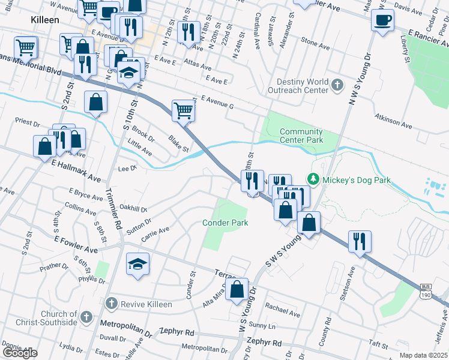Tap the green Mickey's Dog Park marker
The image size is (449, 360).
tap(312, 179)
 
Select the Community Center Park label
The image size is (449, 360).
tap(301, 136)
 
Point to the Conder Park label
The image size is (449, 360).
tap(225, 223)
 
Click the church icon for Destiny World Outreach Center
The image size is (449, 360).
tap(337, 86)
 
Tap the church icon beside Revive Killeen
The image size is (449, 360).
tap(110, 304)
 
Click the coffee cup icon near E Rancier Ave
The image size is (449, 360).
tap(382, 21)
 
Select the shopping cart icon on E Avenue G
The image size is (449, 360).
tap(184, 110)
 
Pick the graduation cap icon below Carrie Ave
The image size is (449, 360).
tap(137, 263)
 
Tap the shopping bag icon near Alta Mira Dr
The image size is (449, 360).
tap(238, 289)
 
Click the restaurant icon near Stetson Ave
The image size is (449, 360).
tap(360, 241)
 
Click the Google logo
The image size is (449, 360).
tap(20, 353)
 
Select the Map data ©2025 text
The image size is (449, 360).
tap(423, 355)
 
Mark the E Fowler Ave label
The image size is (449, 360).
tap(75, 244)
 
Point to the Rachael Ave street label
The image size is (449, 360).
tap(283, 310)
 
